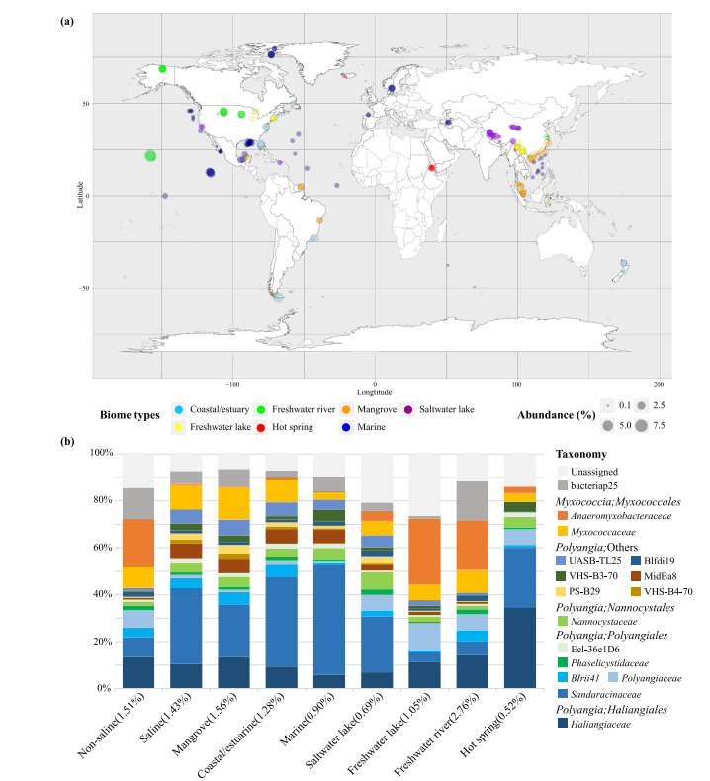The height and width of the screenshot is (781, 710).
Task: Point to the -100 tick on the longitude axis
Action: point(233,384)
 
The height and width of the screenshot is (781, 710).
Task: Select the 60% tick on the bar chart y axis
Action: point(103,547)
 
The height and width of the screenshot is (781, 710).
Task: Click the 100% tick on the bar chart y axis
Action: point(101,453)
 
